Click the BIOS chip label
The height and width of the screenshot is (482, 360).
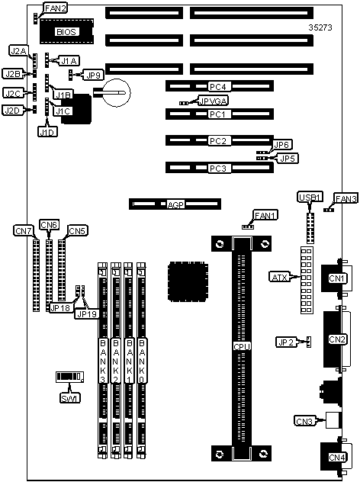[x=66, y=32]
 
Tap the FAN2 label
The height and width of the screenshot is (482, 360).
[x=56, y=8]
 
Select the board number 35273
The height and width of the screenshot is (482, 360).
[x=320, y=27]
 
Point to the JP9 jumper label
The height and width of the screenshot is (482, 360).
[x=94, y=76]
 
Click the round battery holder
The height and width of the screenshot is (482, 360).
[x=116, y=92]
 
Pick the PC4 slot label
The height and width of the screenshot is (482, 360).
[x=218, y=87]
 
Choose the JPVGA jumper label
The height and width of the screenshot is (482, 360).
[x=213, y=101]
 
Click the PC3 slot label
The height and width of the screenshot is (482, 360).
[x=218, y=169]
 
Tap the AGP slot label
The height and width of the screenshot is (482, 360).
[x=175, y=204]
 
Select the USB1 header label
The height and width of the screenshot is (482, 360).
[x=310, y=198]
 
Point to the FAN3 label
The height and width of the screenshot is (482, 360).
[x=346, y=198]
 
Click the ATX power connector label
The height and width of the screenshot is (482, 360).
[x=280, y=278]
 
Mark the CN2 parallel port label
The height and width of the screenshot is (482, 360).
[x=337, y=339]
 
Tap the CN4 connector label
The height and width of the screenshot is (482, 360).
[x=337, y=458]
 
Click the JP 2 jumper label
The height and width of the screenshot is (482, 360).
[x=287, y=342]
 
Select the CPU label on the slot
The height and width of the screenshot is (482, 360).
[x=242, y=346]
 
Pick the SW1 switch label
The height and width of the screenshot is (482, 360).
[x=70, y=398]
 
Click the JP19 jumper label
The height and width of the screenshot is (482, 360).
[x=87, y=314]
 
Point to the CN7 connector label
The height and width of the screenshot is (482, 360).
[x=24, y=230]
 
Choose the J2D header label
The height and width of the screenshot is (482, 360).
[x=13, y=111]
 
